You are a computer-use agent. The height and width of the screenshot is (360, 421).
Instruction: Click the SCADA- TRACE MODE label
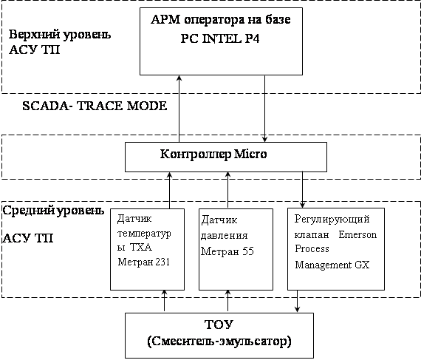(x=95, y=106)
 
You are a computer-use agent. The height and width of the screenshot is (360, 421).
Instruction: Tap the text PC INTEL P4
(x=220, y=39)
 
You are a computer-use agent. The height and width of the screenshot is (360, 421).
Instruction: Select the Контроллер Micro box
(x=226, y=157)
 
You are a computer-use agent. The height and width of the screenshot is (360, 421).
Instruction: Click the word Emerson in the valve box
(x=357, y=234)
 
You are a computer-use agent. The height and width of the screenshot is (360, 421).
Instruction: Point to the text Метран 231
(x=143, y=262)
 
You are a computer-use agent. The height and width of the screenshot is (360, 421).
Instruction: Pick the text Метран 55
(x=227, y=251)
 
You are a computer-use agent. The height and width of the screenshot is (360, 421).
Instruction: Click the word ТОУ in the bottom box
(x=219, y=325)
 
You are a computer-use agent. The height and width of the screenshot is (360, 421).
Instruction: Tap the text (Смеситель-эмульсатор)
(x=219, y=342)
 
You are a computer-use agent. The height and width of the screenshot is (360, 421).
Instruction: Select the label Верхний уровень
(x=60, y=35)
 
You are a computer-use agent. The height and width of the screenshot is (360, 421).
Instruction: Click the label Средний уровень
(x=53, y=211)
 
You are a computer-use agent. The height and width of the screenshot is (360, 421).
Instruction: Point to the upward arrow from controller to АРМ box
(x=179, y=109)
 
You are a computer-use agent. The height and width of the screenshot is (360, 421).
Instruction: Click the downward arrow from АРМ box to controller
(x=264, y=109)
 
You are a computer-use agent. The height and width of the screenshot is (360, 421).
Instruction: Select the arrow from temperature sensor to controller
(x=169, y=190)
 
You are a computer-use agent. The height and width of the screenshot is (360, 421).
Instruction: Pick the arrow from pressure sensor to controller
(x=227, y=190)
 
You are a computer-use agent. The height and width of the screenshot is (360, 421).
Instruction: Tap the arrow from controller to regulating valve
(x=302, y=190)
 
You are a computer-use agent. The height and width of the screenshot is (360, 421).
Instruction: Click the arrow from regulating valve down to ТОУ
(x=297, y=301)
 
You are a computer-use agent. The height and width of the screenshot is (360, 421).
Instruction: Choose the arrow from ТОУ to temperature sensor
(x=164, y=301)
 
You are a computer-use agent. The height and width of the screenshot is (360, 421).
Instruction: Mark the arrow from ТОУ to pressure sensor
(x=227, y=301)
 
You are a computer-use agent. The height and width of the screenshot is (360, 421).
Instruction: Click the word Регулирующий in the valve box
(x=332, y=220)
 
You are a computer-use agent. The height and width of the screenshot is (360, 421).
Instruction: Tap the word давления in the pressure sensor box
(x=225, y=236)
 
